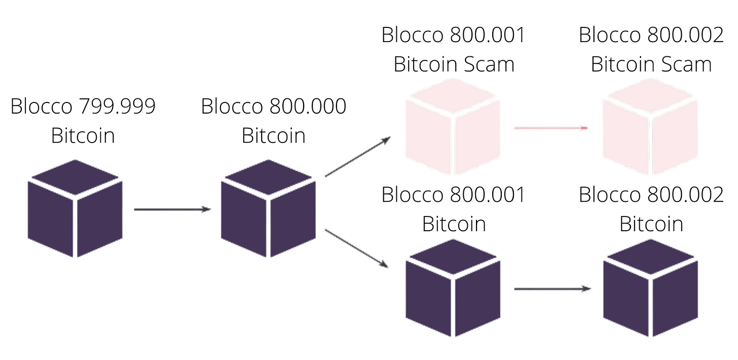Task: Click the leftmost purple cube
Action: (75, 208)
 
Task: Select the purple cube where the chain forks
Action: (268, 208)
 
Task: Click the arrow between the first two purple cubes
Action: (172, 208)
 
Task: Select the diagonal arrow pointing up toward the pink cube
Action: (358, 157)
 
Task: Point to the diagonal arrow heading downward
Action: (356, 248)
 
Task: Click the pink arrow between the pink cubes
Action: (551, 128)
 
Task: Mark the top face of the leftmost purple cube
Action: (75, 177)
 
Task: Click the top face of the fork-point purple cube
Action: (268, 177)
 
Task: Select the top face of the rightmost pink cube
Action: (651, 96)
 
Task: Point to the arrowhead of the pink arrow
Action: (585, 128)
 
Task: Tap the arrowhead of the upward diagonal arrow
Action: (387, 138)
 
